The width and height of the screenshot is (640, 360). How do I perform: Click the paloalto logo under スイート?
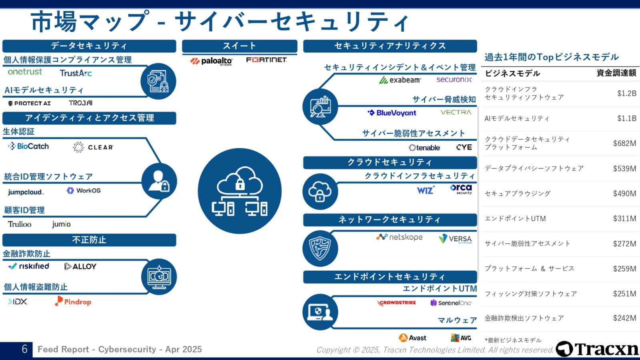pyautogui.click(x=211, y=61)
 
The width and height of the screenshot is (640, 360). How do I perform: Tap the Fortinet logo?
pyautogui.click(x=266, y=60)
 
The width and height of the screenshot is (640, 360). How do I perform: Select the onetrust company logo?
pyautogui.click(x=25, y=72)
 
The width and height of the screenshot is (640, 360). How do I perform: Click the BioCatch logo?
pyautogui.click(x=28, y=146)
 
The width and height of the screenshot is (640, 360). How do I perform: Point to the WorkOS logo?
pyautogui.click(x=84, y=190)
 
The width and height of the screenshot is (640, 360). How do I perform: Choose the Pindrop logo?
pyautogui.click(x=73, y=302)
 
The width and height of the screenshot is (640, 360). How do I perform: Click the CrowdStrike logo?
pyautogui.click(x=396, y=303)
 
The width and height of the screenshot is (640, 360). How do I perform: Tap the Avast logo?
pyautogui.click(x=412, y=338)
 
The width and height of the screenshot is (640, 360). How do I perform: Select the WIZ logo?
pyautogui.click(x=426, y=190)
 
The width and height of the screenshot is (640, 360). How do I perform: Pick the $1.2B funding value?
pyautogui.click(x=626, y=93)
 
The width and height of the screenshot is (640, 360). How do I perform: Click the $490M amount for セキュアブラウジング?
pyautogui.click(x=624, y=194)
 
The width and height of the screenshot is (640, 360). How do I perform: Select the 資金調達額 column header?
pyautogui.click(x=616, y=73)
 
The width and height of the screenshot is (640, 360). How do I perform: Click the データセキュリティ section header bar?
pyautogui.click(x=89, y=46)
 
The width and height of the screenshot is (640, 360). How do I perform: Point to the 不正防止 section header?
pyautogui.click(x=89, y=240)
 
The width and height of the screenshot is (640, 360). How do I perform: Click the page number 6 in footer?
pyautogui.click(x=24, y=349)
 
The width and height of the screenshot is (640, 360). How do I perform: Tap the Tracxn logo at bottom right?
pyautogui.click(x=597, y=349)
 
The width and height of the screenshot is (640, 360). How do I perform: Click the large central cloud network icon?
pyautogui.click(x=240, y=191)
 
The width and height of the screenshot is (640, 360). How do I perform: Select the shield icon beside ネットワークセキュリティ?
pyautogui.click(x=320, y=248)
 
